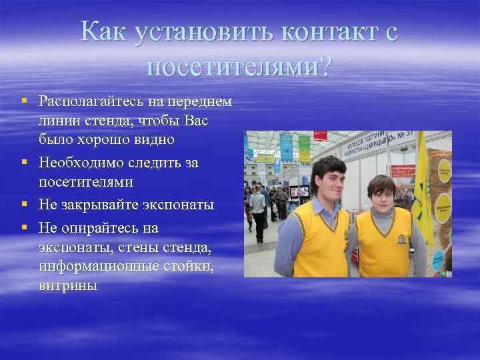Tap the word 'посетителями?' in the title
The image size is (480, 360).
point(239,66)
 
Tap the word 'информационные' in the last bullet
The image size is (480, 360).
point(102,267)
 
